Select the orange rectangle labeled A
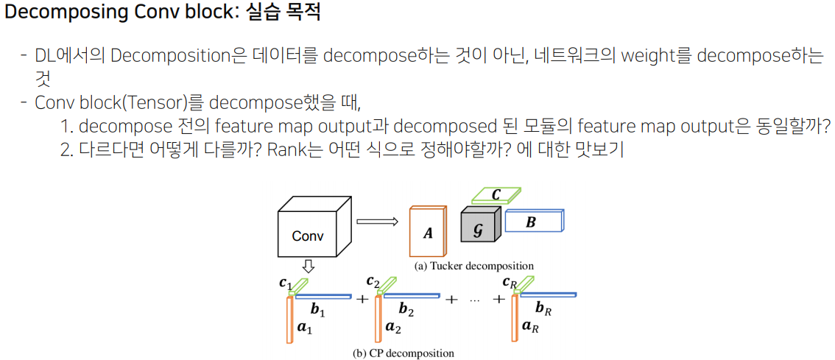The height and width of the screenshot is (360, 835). [x=428, y=232]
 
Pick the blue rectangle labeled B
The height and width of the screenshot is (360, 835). [x=532, y=221]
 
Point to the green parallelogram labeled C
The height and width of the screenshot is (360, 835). [x=496, y=195]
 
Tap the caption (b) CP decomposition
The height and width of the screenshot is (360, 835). [x=404, y=353]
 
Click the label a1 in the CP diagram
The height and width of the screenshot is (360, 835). [x=304, y=328]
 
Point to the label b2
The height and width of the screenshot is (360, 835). [x=406, y=311]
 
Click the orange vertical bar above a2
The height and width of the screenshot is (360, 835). [x=378, y=320]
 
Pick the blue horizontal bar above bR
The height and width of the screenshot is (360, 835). [x=549, y=294]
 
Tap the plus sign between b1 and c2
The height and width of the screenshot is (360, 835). [x=362, y=300]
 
